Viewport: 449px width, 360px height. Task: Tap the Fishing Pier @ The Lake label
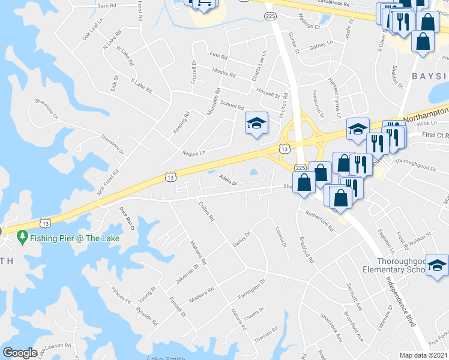tap(76, 238)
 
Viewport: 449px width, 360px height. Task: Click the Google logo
tap(20, 353)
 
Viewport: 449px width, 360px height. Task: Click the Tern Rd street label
tap(106, 5)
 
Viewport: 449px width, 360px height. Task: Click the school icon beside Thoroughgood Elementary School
tap(436, 263)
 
